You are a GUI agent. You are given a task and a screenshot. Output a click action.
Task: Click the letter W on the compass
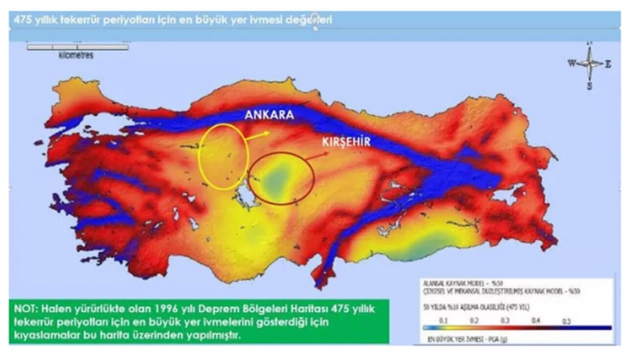tap(570, 63)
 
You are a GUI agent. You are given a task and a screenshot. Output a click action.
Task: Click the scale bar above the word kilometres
tap(60, 46)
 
